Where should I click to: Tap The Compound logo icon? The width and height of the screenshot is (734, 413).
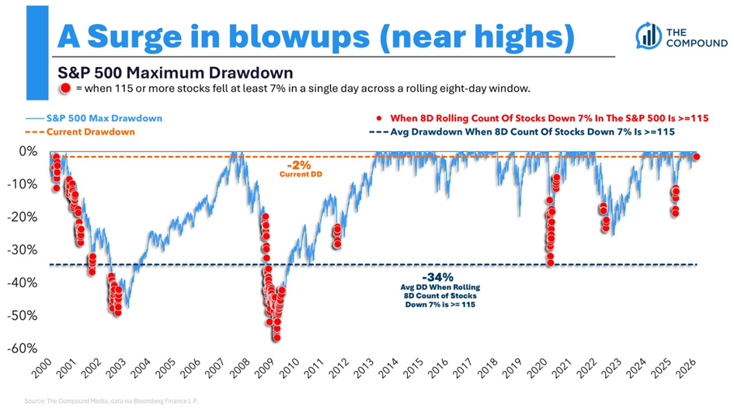(649, 35)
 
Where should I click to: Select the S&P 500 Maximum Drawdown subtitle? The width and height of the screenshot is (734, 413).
(175, 73)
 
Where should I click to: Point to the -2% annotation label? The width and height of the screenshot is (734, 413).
(299, 164)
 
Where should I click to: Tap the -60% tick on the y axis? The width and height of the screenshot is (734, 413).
(21, 348)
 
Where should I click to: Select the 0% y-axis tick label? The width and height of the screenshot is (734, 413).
(27, 151)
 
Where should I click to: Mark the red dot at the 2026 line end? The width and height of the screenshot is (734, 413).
(697, 157)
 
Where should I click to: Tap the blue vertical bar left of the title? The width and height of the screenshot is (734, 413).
(34, 51)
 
